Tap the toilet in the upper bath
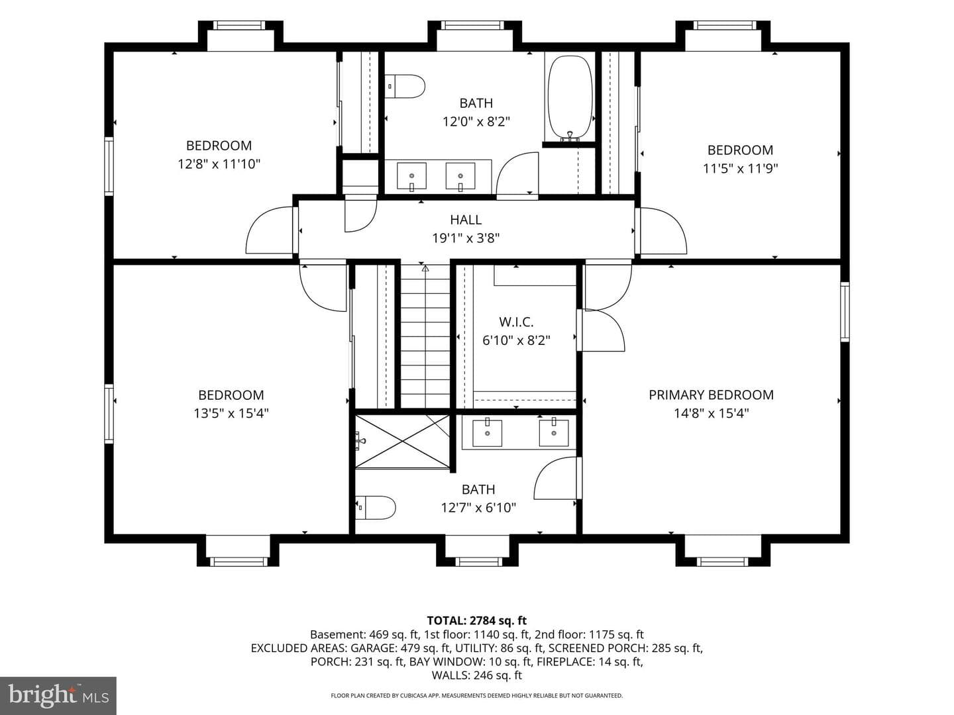405,86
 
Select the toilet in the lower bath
375,508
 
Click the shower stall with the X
402,442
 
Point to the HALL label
466,220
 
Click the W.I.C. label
516,322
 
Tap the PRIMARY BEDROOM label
711,395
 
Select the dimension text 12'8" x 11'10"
219,164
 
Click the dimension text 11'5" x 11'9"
740,168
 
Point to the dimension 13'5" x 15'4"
231,413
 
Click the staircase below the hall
425,336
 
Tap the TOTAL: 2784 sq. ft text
476,620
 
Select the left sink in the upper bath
411,176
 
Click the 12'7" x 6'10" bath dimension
478,508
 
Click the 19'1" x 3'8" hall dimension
466,238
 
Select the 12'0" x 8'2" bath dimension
476,121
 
